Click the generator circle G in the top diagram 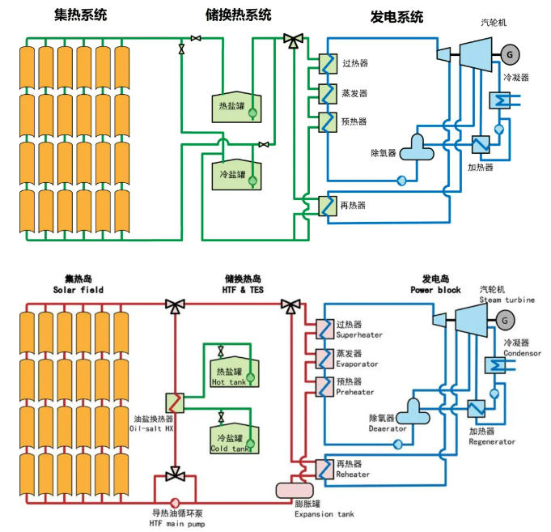pos(511,53)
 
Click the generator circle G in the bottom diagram pos(506,321)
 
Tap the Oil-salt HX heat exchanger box pos(176,402)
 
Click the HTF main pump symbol pos(174,501)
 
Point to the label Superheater pos(359,334)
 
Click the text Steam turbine pos(506,300)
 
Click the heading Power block pos(434,290)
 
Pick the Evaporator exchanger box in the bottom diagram pos(325,357)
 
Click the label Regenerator pos(491,441)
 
